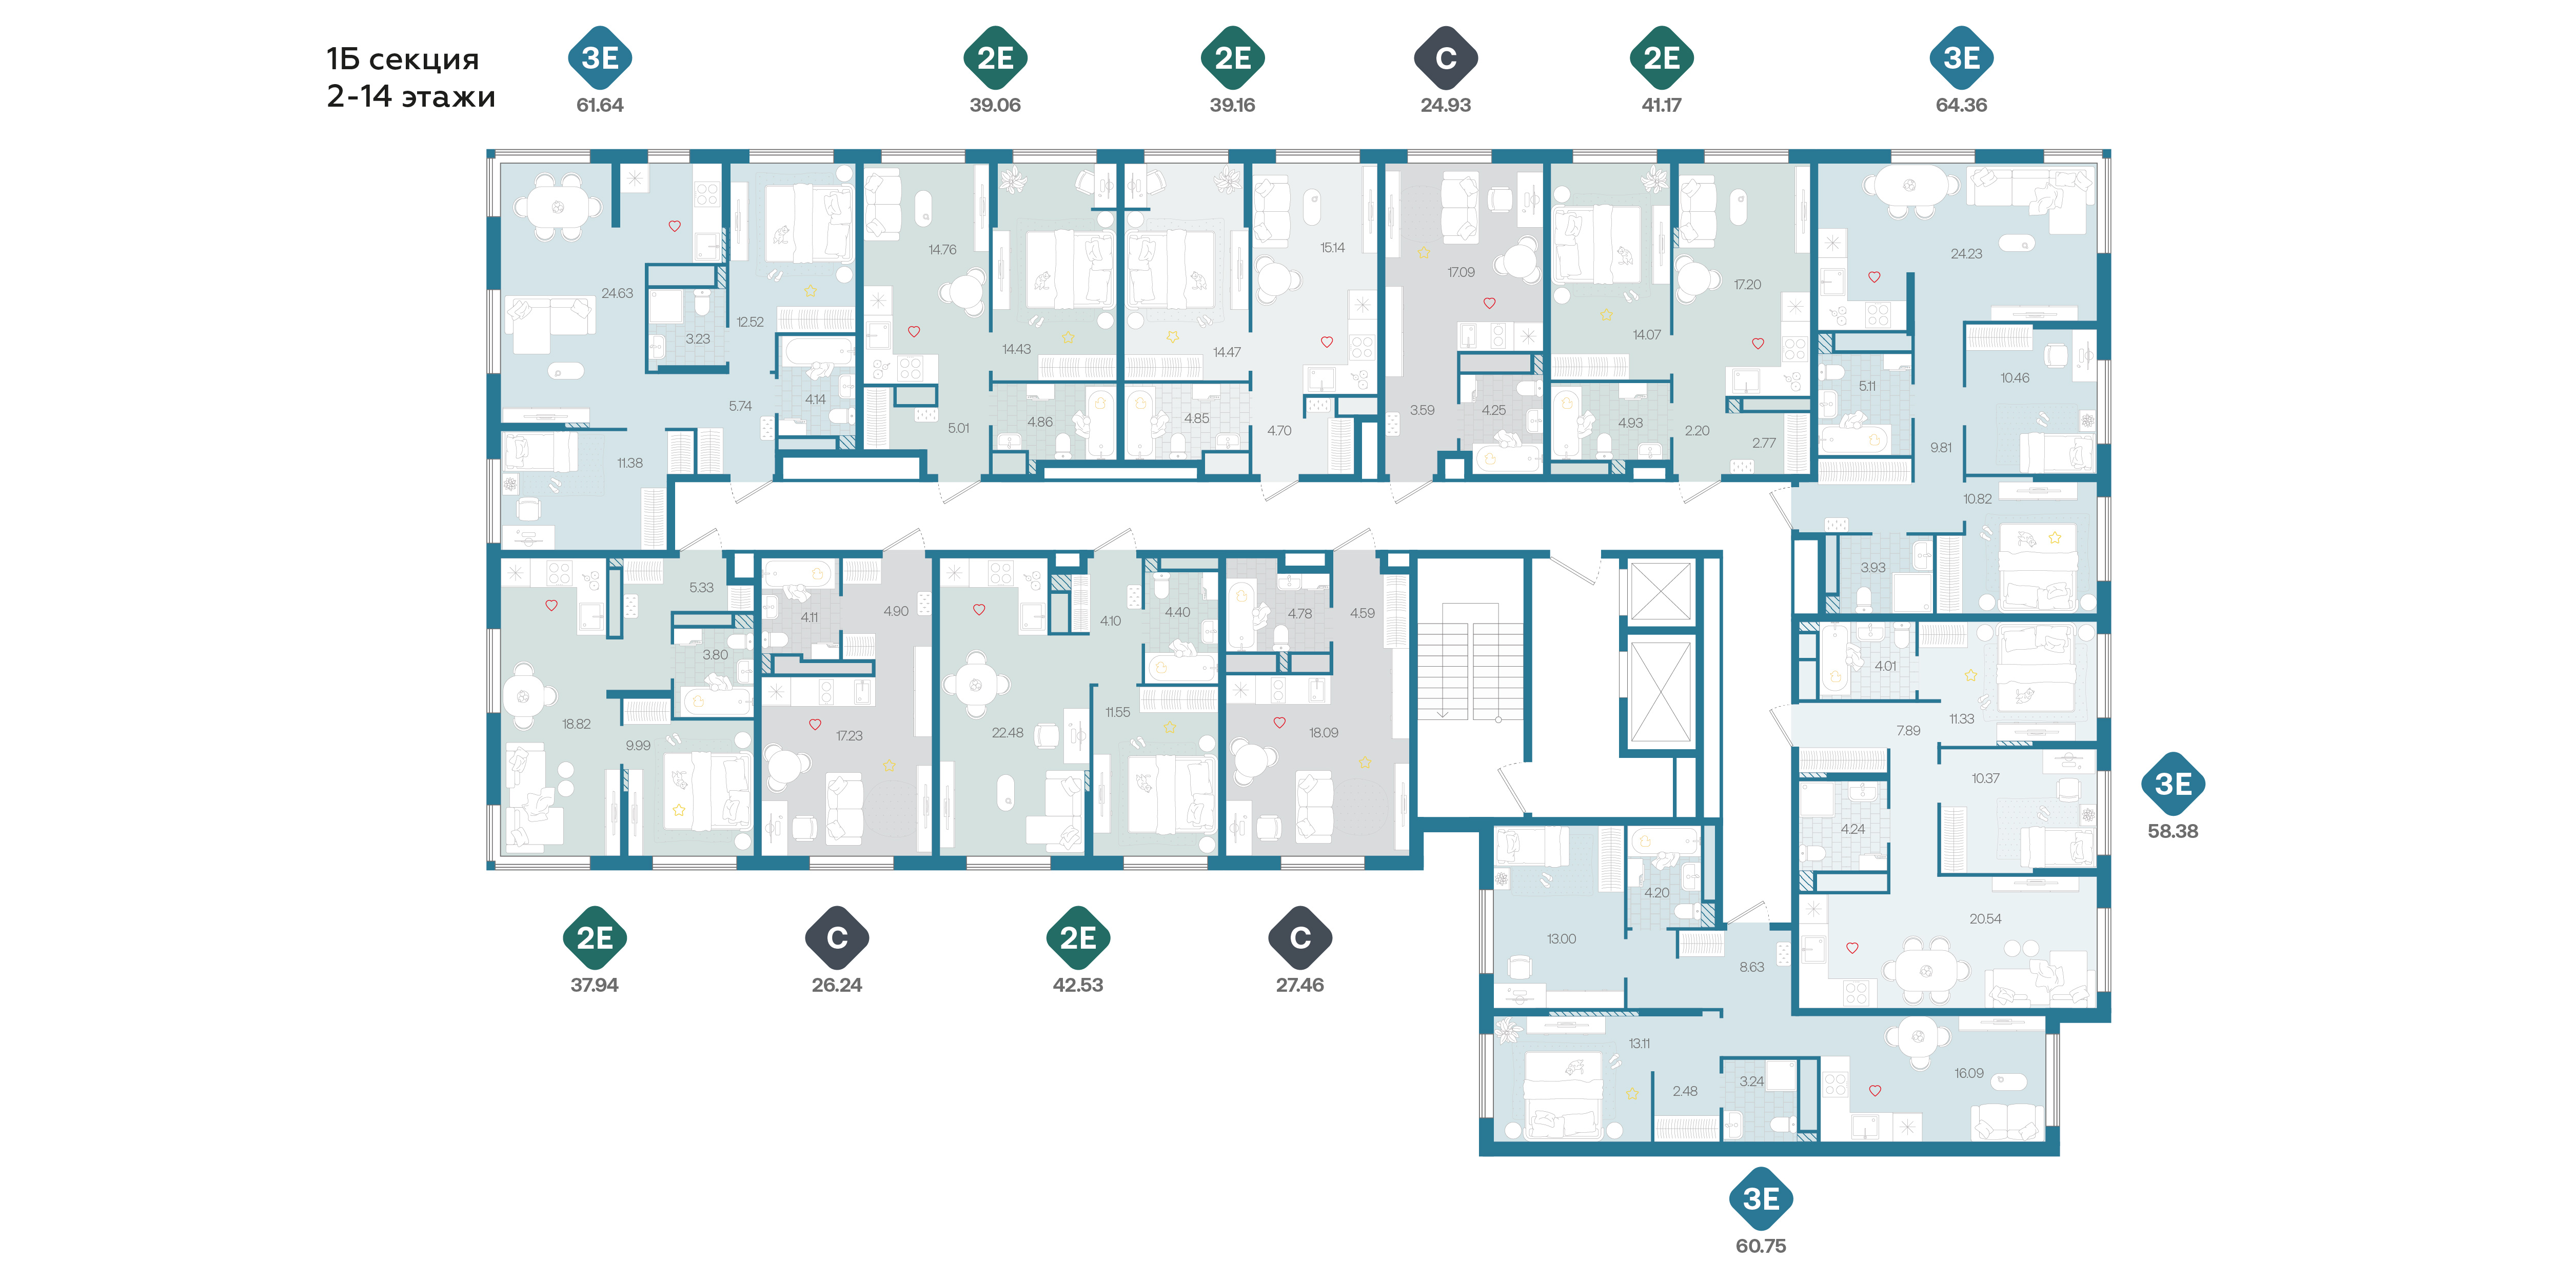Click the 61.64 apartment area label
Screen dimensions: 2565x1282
(x=599, y=105)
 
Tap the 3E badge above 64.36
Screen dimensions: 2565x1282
(x=1962, y=58)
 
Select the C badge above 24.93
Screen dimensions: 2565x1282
(x=1446, y=58)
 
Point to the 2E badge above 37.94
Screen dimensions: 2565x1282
(x=595, y=937)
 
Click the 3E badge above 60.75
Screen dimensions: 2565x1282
(x=1761, y=1198)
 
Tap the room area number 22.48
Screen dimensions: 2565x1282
(x=1007, y=733)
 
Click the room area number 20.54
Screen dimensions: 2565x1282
(x=1984, y=919)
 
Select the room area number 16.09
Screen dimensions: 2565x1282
(x=1968, y=1073)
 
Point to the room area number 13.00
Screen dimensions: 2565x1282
(x=1561, y=938)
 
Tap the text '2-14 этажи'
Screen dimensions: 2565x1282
(x=411, y=96)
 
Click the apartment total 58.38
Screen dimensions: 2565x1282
(x=2173, y=831)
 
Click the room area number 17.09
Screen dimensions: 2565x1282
(x=1461, y=272)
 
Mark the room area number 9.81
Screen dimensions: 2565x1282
(x=1941, y=448)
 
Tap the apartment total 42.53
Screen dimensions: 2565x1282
(x=1078, y=986)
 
